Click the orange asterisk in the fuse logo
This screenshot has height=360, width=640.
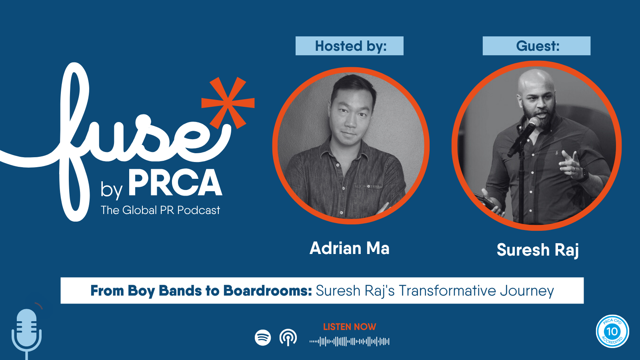228,103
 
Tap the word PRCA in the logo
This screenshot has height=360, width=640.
175,182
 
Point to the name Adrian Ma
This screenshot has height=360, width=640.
350,248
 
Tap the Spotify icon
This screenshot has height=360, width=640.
262,338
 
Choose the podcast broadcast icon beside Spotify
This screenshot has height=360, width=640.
288,338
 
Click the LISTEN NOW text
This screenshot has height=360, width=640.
350,327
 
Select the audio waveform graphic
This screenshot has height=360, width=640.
350,342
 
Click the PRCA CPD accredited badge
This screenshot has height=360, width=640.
612,332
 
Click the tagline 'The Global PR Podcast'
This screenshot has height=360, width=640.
160,210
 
